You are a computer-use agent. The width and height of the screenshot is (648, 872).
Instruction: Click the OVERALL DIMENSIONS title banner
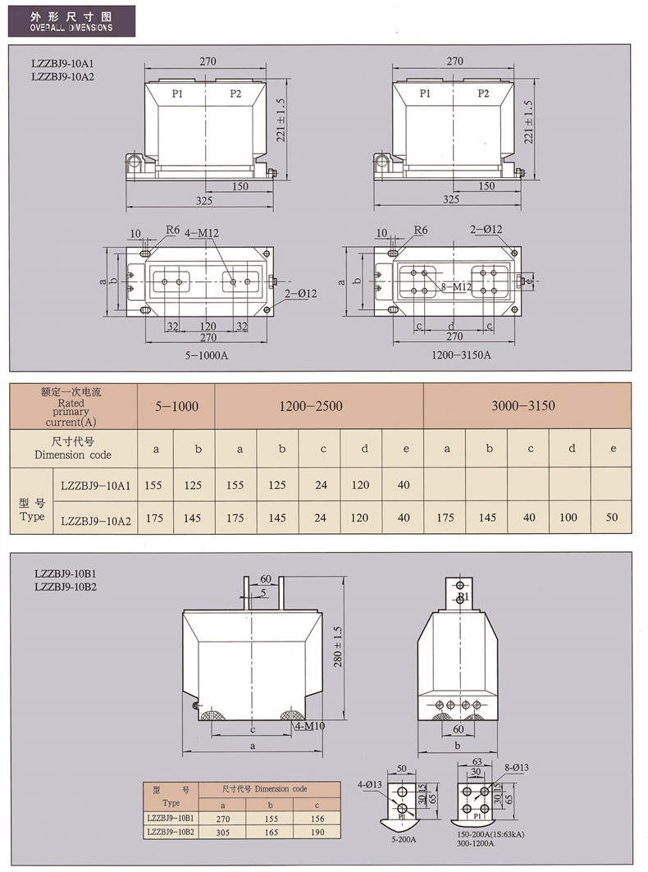click(71, 21)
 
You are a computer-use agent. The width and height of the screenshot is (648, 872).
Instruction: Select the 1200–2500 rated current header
click(311, 406)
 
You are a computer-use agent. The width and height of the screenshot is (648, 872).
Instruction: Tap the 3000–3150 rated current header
click(523, 405)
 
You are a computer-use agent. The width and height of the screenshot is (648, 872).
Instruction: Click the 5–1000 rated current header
click(177, 406)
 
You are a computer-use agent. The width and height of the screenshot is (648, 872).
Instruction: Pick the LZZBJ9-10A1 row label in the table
click(96, 486)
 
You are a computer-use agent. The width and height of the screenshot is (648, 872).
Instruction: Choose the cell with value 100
click(568, 517)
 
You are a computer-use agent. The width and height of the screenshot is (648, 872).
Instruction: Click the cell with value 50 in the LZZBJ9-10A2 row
click(612, 517)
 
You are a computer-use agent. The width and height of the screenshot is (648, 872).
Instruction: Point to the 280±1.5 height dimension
click(338, 646)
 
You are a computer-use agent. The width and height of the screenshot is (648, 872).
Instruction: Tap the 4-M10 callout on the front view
click(310, 726)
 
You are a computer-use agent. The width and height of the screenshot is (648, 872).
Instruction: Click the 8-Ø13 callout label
click(517, 768)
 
